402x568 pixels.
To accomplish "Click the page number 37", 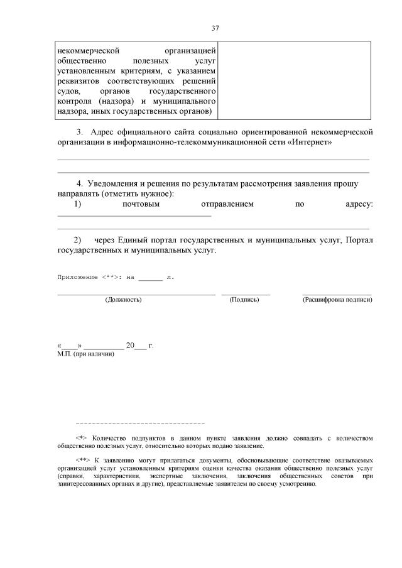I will tap(215, 28).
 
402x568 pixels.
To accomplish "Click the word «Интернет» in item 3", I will tap(311, 142).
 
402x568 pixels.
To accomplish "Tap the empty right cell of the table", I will tap(295, 80).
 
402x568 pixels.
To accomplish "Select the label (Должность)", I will tap(123, 300).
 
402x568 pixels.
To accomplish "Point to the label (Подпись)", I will tap(244, 300).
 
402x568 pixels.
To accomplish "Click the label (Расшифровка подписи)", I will tap(337, 300).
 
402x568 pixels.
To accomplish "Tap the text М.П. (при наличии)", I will tap(85, 354).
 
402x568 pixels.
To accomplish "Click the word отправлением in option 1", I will tap(227, 204).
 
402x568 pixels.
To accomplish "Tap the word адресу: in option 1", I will tap(359, 204).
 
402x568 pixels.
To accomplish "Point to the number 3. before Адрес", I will tap(80, 132).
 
